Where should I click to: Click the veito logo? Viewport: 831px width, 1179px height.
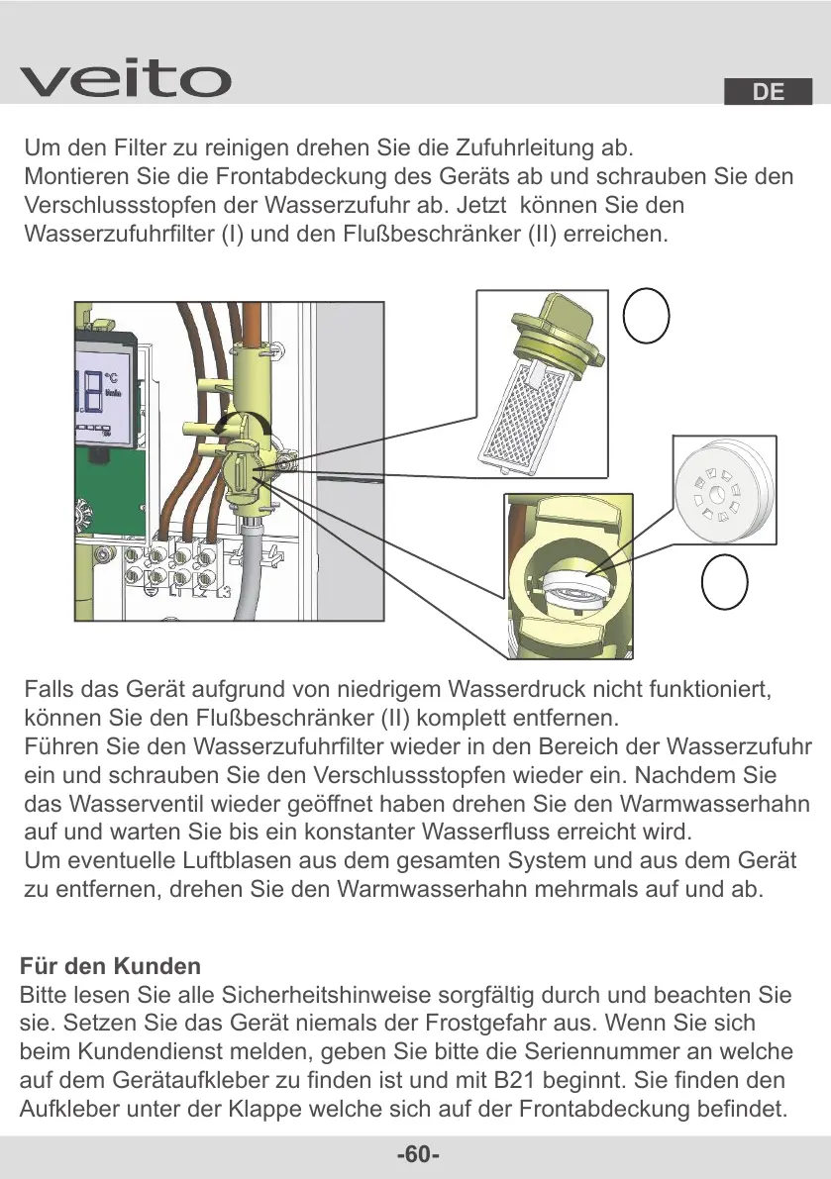[125, 78]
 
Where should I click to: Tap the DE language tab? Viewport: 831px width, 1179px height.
[768, 92]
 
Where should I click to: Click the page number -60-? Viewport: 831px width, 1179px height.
[417, 1155]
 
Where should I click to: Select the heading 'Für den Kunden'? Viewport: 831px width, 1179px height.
[110, 966]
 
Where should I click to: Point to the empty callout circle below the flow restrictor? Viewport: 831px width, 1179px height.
[724, 579]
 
